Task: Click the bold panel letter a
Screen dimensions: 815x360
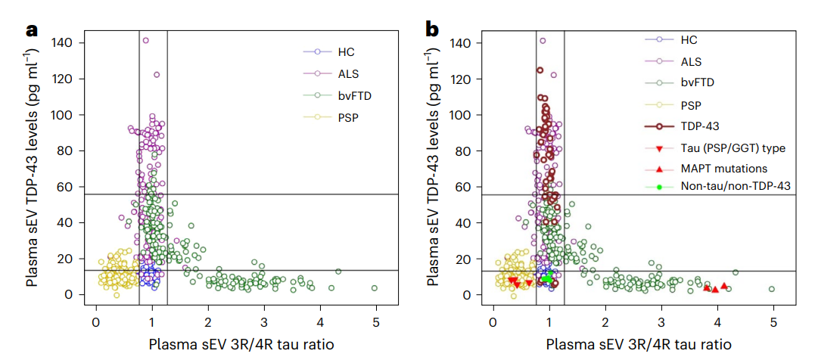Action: tap(33, 29)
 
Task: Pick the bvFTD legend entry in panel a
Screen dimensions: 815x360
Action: tap(338, 96)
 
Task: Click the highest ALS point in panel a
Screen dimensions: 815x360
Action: tap(145, 41)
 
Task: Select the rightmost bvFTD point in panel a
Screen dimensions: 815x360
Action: tap(375, 288)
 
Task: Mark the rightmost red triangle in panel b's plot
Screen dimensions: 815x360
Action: tap(724, 286)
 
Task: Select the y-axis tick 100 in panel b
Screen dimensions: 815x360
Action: tap(468, 114)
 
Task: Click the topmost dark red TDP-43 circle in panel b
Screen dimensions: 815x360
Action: tap(540, 70)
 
